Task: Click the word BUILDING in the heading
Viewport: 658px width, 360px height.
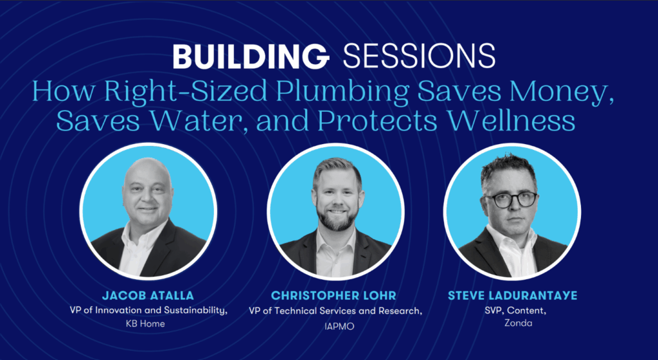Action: [x=251, y=56]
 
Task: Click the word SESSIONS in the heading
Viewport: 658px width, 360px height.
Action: [x=419, y=56]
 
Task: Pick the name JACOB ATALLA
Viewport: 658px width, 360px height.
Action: [x=148, y=295]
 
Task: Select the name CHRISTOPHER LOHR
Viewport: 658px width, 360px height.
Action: [x=333, y=295]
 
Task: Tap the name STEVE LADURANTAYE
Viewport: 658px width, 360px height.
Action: [x=512, y=295]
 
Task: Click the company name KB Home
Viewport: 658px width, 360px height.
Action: [x=145, y=323]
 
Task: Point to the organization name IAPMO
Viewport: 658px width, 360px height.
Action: [x=339, y=326]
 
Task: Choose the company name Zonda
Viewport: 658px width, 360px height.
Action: [x=519, y=323]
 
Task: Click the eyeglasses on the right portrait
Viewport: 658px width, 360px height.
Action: [x=511, y=199]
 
